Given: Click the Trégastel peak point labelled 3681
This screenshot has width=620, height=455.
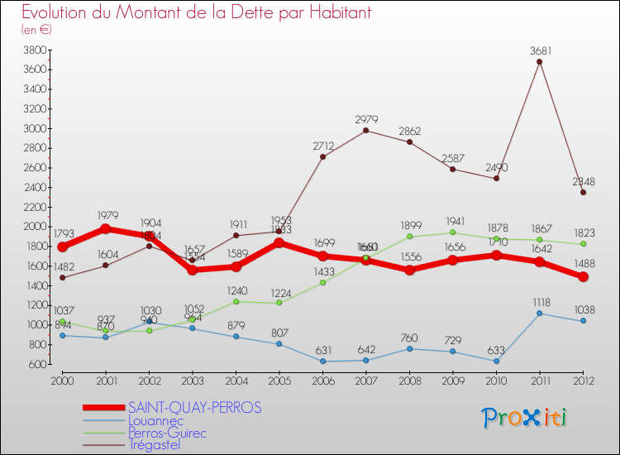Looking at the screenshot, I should click(x=540, y=61).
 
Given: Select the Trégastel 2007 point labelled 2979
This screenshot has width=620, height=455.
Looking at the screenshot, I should click(x=366, y=131).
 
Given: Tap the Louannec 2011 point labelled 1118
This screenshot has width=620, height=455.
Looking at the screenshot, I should click(x=540, y=313).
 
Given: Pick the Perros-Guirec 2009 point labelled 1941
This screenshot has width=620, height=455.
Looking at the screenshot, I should click(x=453, y=232).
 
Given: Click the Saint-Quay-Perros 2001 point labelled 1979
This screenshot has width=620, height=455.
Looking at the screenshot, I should click(x=106, y=228).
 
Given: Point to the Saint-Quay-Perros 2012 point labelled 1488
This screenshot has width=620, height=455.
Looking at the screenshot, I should click(x=583, y=277).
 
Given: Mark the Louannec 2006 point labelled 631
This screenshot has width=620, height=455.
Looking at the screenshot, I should click(x=323, y=361).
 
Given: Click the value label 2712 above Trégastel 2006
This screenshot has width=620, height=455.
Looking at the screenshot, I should click(x=323, y=146).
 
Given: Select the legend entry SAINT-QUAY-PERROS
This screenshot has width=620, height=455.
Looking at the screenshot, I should click(x=195, y=408).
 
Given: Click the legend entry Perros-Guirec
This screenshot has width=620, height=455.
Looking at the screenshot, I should click(x=167, y=433).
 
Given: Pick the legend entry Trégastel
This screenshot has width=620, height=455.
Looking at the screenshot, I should click(x=156, y=445).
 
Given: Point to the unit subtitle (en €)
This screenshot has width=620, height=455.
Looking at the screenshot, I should click(x=36, y=30).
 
